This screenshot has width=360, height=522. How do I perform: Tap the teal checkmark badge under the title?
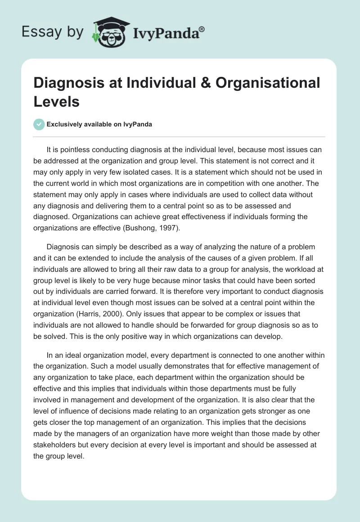(39, 124)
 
